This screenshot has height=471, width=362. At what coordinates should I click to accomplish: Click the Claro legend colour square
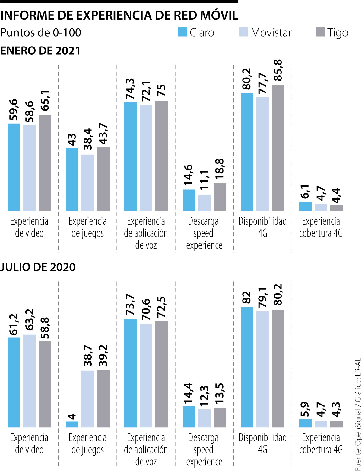183,32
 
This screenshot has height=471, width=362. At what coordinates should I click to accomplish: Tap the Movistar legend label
271,33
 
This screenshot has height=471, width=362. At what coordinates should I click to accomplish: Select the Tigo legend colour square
320,32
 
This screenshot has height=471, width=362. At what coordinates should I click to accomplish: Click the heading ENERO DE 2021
40,51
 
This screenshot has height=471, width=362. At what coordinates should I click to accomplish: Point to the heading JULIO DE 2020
38,267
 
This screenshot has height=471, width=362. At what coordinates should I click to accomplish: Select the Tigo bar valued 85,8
278,148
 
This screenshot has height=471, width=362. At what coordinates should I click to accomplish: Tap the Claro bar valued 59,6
14,167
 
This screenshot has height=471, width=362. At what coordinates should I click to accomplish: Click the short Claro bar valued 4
72,424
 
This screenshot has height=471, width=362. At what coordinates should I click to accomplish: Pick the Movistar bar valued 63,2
29,381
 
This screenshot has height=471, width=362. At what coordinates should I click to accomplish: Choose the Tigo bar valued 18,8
220,197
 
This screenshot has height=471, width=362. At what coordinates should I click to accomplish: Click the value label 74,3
130,89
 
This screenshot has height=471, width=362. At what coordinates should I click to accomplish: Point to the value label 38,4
88,139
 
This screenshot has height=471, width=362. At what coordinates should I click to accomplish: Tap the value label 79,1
263,298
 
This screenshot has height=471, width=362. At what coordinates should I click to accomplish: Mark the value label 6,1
305,192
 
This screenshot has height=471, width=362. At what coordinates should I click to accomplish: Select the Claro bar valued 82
247,367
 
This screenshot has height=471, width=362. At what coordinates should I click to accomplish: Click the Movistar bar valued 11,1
204,203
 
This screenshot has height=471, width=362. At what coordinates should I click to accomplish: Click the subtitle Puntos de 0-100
41,33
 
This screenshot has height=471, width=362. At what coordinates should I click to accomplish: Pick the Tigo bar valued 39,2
103,398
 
